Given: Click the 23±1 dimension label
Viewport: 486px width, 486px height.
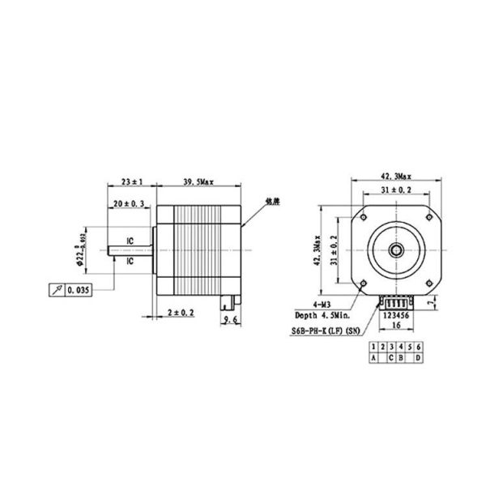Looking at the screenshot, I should [131, 181].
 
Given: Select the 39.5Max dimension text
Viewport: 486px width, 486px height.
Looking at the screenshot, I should [199, 181].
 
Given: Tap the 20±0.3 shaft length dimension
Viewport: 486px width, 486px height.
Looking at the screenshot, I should [128, 206].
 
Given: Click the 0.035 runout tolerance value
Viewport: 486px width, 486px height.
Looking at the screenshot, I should [79, 289].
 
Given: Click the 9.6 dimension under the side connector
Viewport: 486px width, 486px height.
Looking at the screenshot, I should [230, 320].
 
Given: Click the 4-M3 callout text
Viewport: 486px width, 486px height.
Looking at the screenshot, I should [335, 305].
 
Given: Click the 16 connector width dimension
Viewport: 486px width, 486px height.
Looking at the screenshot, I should [396, 325].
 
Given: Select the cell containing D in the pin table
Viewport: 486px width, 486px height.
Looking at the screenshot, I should [418, 357].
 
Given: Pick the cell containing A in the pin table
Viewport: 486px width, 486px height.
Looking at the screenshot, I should [373, 357].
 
